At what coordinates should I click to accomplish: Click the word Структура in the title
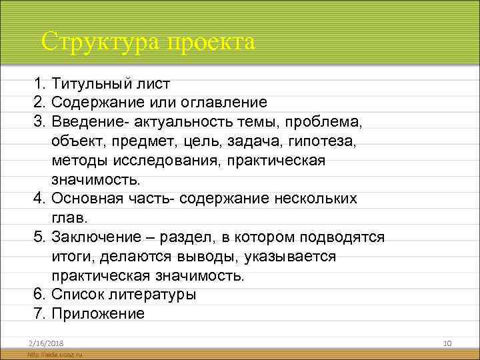[101, 42]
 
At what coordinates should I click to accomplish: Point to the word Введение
[87, 122]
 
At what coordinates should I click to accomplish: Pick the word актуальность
[181, 122]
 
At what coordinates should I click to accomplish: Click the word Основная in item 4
[85, 199]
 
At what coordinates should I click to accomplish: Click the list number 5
[39, 237]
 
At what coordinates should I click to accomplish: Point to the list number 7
[39, 314]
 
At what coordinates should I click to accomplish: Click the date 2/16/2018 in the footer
[42, 343]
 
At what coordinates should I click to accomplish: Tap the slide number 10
[448, 343]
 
